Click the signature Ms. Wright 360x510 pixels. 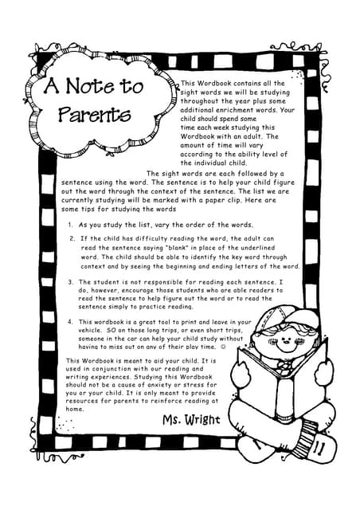point(191,419)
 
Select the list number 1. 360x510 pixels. point(71,226)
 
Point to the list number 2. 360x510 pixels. point(71,238)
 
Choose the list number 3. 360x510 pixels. point(71,282)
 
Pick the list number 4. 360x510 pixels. point(71,322)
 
